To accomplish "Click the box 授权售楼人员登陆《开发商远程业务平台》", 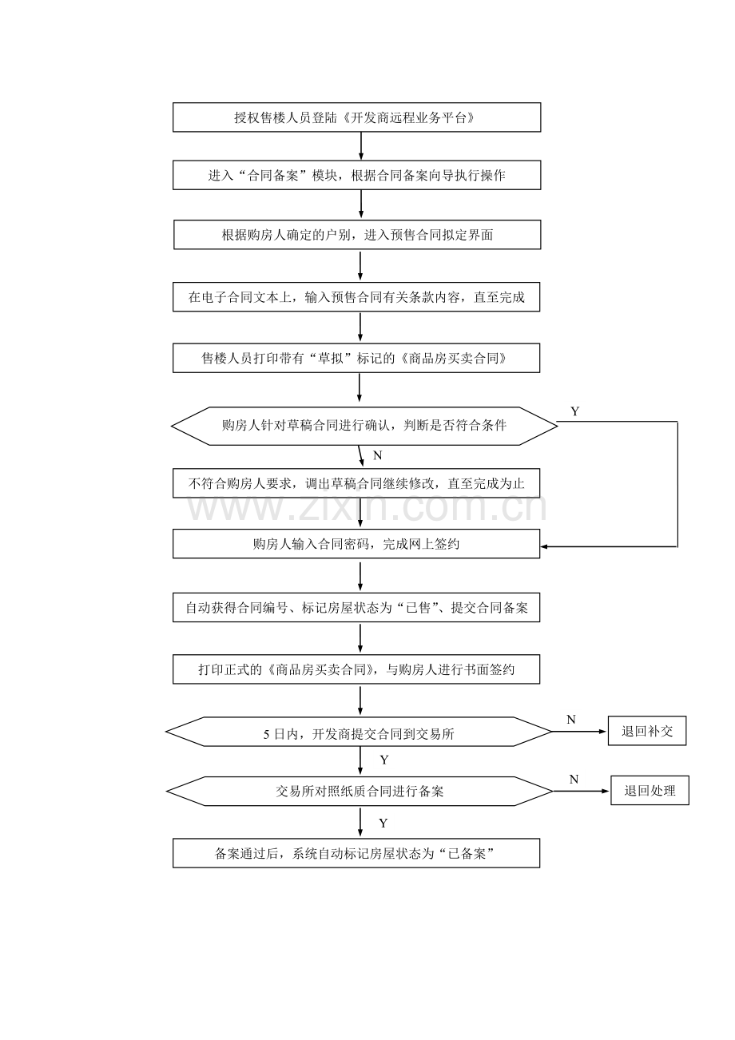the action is (356, 117).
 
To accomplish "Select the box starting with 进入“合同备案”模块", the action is (356, 175).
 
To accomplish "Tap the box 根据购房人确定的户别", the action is (357, 235).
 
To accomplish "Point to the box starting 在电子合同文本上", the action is (356, 296).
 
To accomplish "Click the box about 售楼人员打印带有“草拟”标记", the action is (356, 358).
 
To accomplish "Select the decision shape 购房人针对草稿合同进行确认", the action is (364, 426).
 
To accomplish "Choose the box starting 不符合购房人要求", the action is (356, 483).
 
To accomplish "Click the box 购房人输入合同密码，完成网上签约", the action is (356, 544).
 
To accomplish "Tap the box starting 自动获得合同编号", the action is (356, 607).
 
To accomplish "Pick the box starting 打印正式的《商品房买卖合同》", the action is (356, 669).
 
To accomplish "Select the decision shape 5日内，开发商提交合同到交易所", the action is (359, 732).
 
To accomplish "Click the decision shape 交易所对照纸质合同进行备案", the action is (360, 791).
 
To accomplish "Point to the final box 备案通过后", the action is (356, 853).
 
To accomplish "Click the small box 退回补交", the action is (647, 731).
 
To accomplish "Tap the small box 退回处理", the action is (650, 790).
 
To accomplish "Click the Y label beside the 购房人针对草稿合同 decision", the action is (574, 411).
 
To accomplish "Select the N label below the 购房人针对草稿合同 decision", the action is (377, 455).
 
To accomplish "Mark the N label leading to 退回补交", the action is (571, 720).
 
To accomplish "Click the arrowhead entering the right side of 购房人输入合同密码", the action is (544, 546).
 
